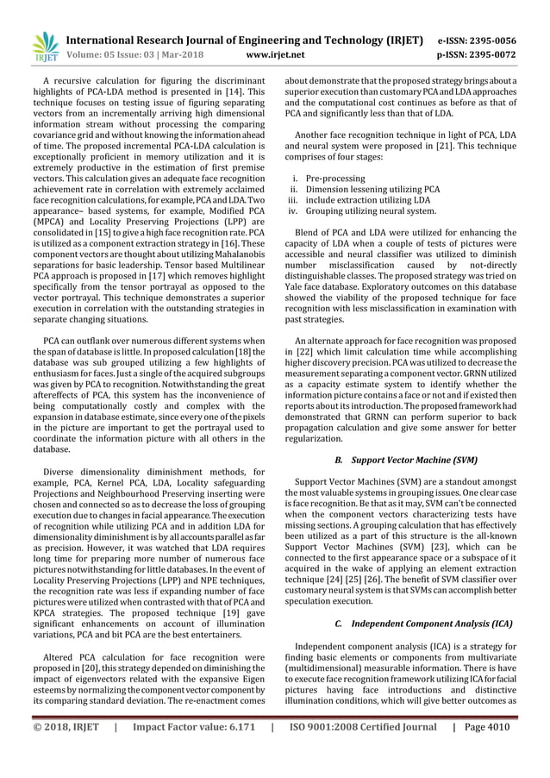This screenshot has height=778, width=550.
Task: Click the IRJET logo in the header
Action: click(42, 48)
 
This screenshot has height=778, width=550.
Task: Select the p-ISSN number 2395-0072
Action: click(489, 55)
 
